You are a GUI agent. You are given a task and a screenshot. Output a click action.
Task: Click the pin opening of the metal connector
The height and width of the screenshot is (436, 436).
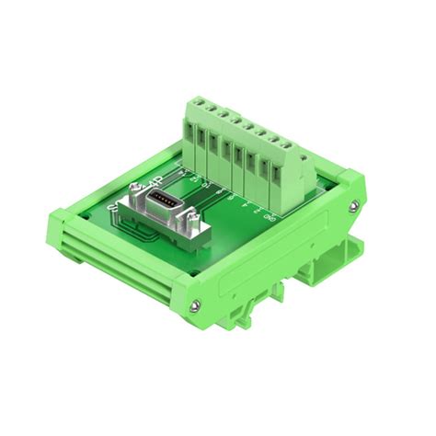point(165,200)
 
